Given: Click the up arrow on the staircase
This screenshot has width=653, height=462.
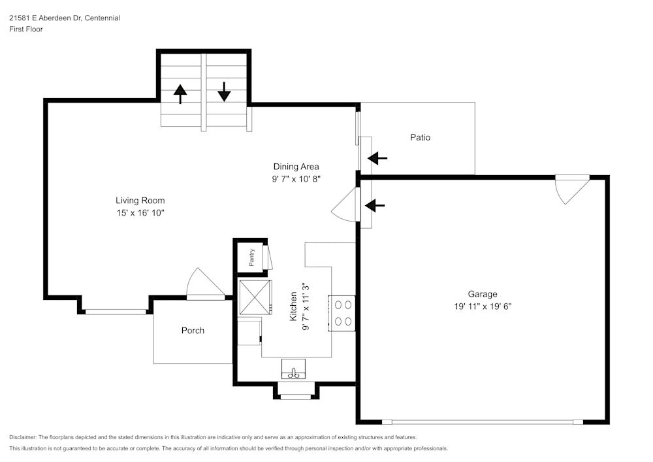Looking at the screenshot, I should coord(180,93).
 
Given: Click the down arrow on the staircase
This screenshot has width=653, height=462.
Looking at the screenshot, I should coord(224,91).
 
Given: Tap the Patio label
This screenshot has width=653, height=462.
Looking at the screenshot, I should coord(420,137).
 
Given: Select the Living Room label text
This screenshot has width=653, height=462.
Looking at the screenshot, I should coord(140,201).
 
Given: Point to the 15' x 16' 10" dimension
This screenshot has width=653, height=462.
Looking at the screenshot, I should coord(140,213).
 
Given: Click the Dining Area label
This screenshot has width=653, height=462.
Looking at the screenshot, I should coord(296,167).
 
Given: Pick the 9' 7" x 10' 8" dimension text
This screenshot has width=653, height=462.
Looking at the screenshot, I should coord(296,178).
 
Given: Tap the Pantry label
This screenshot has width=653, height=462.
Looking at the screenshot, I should coord(251,257).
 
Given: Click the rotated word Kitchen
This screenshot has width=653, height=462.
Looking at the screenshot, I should coord(293,306).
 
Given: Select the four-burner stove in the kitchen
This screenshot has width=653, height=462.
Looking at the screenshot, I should coord(342,313).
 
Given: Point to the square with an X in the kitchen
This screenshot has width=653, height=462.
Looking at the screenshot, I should coord(255,297).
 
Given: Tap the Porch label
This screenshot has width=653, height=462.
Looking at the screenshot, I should coord(193,331).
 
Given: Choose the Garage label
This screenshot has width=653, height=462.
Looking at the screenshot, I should coord(482,294).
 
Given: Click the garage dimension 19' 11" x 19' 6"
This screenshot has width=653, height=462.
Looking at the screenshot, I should coord(482,306).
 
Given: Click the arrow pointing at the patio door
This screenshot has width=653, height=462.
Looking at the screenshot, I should coord(377,158).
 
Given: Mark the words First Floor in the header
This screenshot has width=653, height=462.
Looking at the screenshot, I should coord(26,29).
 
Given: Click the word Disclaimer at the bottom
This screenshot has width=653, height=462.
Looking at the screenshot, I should coord(23,437).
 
